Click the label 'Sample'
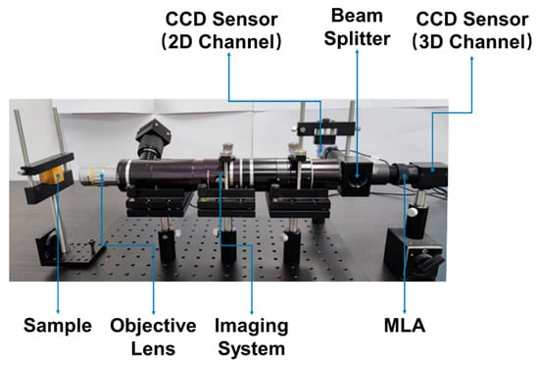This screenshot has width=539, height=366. click(58, 326)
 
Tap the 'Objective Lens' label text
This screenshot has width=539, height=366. click(153, 337)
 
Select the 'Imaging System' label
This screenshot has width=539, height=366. click(252, 337)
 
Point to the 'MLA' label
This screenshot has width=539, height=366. click(405, 326)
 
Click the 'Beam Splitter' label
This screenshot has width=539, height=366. click(357, 27)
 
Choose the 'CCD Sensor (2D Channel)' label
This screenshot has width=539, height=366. click(221, 30)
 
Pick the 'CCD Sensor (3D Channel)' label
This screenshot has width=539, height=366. click(472, 30)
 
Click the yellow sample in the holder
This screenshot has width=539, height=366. click(52, 175)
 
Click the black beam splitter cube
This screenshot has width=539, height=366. click(357, 178)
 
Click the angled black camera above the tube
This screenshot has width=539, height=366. click(153, 138)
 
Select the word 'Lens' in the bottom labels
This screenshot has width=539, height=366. click(153, 348)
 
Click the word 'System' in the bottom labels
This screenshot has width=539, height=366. click(252, 349)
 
